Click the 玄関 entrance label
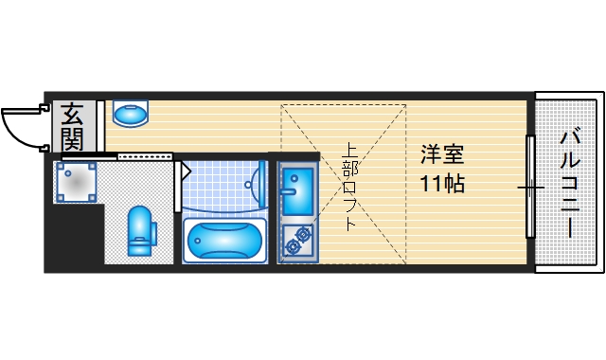pyautogui.click(x=72, y=127)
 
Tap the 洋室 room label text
pyautogui.click(x=442, y=153)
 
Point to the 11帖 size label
pyautogui.click(x=442, y=183)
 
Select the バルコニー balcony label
pyautogui.click(x=570, y=182)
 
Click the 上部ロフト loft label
pyautogui.click(x=349, y=187)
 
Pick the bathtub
pyautogui.click(x=224, y=240)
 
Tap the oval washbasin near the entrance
pyautogui.click(x=131, y=114)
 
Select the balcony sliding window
pyautogui.click(x=530, y=187)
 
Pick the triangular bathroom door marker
pyautogui.click(x=186, y=171)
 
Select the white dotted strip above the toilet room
pyautogui.click(x=142, y=154)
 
